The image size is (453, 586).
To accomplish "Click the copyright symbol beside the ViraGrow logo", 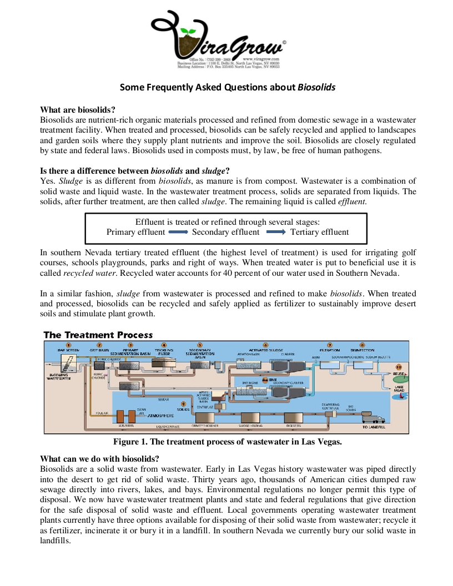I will coord(285,42).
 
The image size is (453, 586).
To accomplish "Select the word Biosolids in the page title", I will coord(316,87).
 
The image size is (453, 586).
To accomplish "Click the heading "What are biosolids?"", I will coord(78,110).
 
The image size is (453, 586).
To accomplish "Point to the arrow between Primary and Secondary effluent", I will coord(178,232).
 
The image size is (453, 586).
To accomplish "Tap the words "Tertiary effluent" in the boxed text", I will coord(319,232).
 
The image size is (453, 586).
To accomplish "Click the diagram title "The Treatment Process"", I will coord(98,335).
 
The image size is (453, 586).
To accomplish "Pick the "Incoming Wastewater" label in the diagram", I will coord(59,376).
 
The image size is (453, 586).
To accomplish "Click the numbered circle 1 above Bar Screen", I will coord(69,345).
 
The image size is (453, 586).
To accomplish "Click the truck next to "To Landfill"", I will coord(373,418).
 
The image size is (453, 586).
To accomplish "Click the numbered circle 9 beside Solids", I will coord(183,403).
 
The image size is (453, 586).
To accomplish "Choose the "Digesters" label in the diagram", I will coord(294,426).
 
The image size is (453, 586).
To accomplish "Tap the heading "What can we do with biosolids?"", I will coord(99,458).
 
